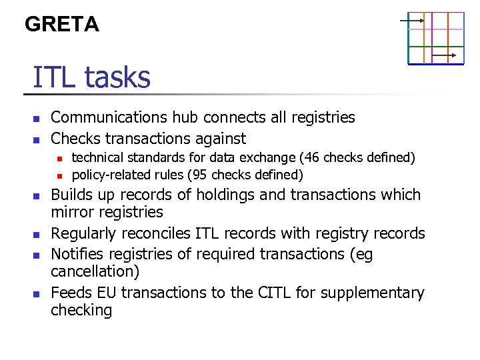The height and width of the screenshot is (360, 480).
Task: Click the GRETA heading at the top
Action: [x=61, y=25]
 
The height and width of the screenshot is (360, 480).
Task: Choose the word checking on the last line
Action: [x=81, y=310]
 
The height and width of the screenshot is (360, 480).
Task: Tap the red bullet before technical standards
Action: [x=59, y=159]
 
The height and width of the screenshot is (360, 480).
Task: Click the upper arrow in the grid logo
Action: [x=412, y=21]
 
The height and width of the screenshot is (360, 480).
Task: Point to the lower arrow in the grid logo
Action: [x=444, y=55]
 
